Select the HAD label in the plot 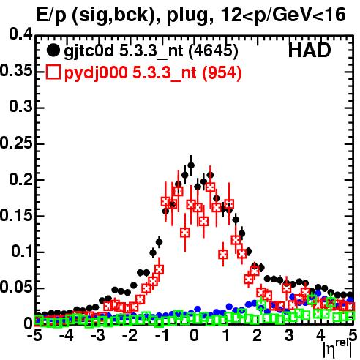(x=310, y=50)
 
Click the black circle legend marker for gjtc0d (x=53, y=50)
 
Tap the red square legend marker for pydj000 (x=53, y=72)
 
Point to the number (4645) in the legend (x=214, y=51)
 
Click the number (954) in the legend (x=222, y=72)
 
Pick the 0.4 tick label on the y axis (x=20, y=34)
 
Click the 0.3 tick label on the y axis (x=20, y=106)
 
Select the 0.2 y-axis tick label (x=20, y=179)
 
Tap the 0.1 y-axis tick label (x=21, y=251)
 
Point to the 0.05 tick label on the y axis (x=16, y=288)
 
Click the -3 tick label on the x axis (x=99, y=335)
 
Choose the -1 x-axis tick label (x=162, y=335)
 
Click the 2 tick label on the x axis (x=258, y=335)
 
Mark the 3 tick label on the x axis (x=289, y=335)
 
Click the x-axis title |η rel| (x=337, y=348)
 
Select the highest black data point (x=191, y=165)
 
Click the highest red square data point (x=210, y=187)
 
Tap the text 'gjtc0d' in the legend (x=89, y=52)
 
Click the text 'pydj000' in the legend (x=96, y=73)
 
